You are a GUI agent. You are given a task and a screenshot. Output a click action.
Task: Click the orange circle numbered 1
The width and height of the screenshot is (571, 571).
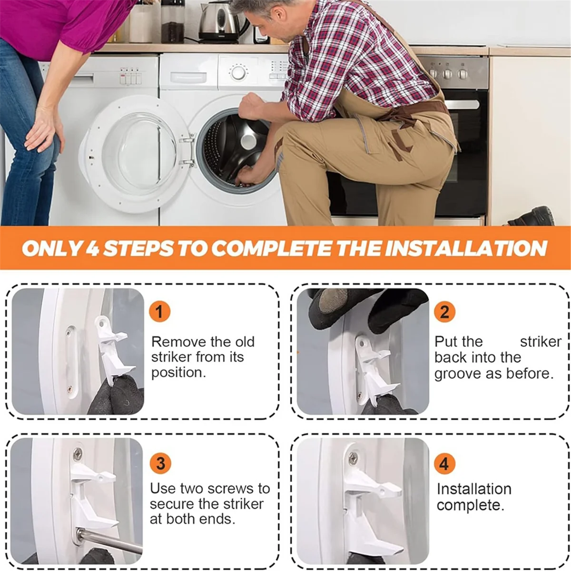click(159, 312)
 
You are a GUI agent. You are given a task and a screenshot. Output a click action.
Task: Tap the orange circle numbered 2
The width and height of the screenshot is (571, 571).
click(444, 312)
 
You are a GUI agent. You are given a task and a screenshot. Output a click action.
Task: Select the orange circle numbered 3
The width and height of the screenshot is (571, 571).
click(160, 463)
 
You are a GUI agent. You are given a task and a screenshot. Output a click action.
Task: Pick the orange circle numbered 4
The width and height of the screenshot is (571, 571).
click(444, 463)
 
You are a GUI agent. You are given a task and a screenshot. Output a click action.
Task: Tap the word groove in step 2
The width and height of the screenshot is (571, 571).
click(458, 374)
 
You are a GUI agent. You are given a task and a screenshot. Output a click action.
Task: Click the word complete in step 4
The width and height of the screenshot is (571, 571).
click(470, 505)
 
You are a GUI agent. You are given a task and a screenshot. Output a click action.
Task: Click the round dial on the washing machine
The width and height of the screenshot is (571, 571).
click(238, 72)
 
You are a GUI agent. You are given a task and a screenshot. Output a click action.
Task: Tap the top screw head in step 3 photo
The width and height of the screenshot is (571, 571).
click(78, 454)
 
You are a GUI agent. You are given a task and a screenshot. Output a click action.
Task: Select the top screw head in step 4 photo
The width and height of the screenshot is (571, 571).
click(353, 458)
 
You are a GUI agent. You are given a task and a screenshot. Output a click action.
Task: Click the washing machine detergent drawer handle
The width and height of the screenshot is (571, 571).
click(188, 78)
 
